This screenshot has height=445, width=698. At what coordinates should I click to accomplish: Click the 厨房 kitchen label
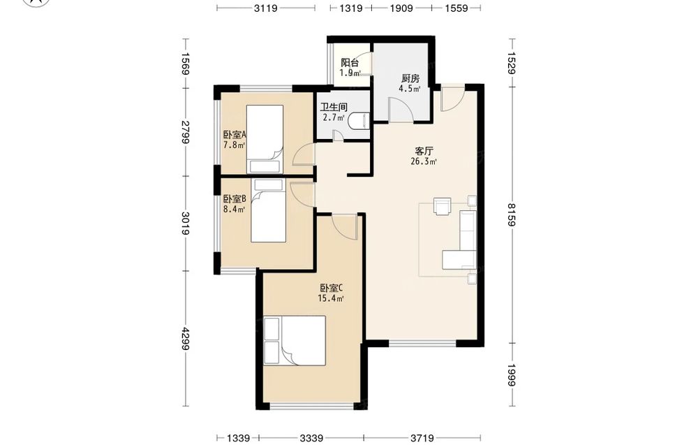(410, 78)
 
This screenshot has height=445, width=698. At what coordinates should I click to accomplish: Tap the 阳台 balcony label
(350, 63)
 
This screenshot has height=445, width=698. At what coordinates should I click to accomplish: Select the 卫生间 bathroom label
(334, 107)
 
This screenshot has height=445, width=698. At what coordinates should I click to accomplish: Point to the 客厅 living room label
(424, 151)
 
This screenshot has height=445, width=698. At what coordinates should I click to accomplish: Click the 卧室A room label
(235, 135)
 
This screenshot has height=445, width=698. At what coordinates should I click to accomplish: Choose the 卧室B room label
(235, 198)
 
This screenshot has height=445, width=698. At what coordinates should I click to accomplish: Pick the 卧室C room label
(331, 288)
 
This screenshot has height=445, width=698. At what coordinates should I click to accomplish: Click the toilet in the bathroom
(359, 122)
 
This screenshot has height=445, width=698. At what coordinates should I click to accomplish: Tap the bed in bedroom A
(265, 138)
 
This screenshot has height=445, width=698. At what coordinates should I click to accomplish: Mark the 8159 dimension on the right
(512, 214)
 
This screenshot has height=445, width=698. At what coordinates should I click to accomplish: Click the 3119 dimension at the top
(266, 8)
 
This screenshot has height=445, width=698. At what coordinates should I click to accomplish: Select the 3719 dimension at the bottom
(422, 438)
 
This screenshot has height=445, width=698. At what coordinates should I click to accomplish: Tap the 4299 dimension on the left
(186, 339)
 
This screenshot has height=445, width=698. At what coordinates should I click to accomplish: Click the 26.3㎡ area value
(424, 161)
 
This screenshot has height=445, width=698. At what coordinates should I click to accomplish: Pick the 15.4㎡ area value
(331, 298)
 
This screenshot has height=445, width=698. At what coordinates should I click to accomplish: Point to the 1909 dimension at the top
(401, 8)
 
